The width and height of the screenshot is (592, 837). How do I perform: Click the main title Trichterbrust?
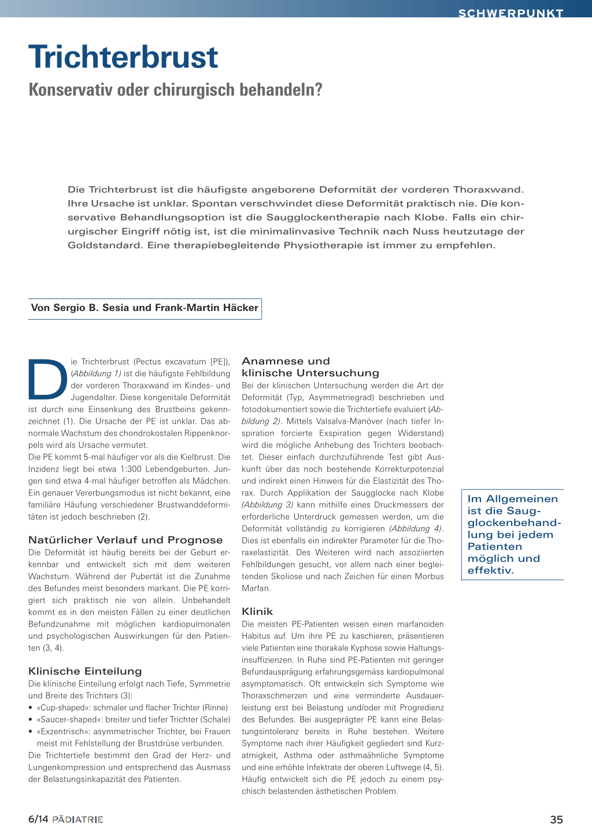coord(123,57)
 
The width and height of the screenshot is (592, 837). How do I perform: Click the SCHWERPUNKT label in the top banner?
coord(510,13)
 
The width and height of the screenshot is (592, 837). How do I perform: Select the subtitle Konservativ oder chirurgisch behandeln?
coord(175,90)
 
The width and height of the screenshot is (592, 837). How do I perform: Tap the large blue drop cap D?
coord(48,379)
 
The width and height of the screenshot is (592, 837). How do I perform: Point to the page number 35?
coord(556,819)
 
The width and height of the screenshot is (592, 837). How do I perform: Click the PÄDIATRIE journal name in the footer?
coord(77,819)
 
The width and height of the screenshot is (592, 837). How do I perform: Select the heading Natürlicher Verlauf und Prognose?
coord(125,540)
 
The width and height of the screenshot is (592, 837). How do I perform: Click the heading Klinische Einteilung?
coord(85,671)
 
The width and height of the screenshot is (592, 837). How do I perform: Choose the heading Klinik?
coord(257,612)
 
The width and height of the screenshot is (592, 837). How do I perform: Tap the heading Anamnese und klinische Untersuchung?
coord(310,367)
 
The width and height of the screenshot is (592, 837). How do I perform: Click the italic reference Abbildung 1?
coord(97,373)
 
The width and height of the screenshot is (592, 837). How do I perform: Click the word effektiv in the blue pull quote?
coord(490,571)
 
